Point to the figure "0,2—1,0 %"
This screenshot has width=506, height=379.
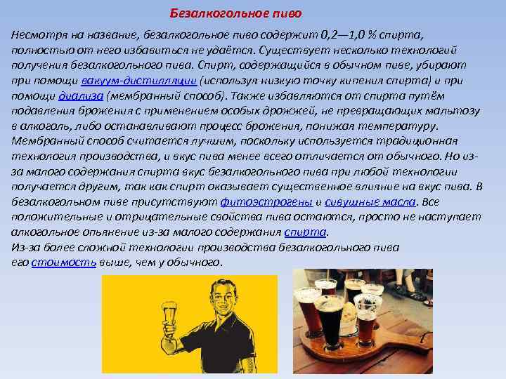click(x=350, y=34)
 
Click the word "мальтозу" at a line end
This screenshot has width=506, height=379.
click(x=455, y=110)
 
